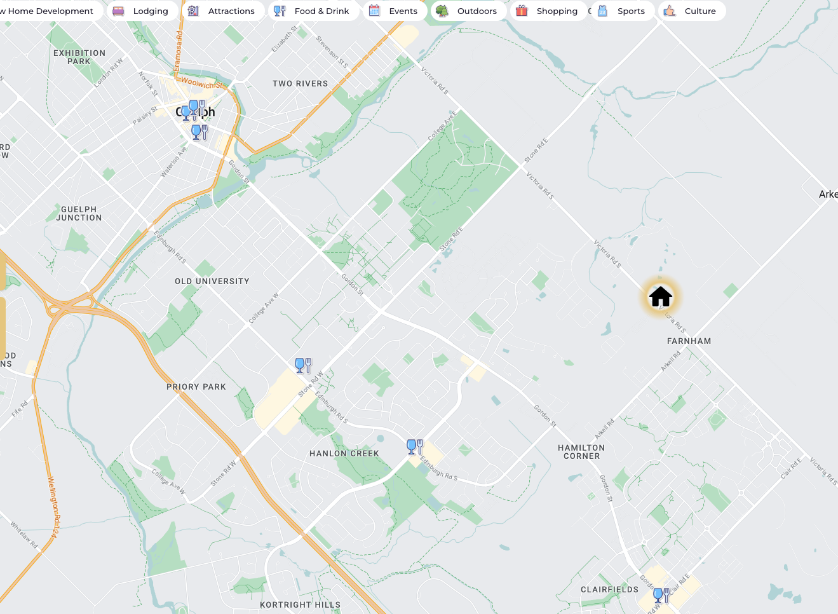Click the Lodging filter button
click(x=141, y=11)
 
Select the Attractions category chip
click(x=222, y=11)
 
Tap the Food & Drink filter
click(x=312, y=11)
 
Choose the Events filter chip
click(x=394, y=11)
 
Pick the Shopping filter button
click(x=547, y=11)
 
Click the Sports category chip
click(x=622, y=11)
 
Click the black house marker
click(x=661, y=296)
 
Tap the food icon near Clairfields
click(x=661, y=596)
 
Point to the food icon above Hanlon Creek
click(x=415, y=447)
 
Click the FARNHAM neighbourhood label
click(x=689, y=341)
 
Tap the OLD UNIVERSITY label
click(x=212, y=282)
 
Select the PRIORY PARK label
click(x=196, y=386)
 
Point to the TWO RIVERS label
click(x=301, y=84)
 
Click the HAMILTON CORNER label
click(x=581, y=452)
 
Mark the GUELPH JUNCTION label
click(x=79, y=214)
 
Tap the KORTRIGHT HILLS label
click(x=300, y=605)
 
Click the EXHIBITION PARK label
click(x=79, y=57)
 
